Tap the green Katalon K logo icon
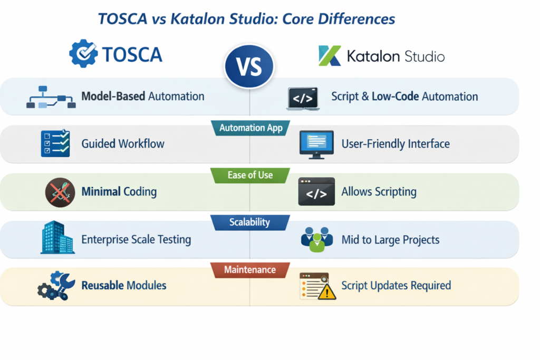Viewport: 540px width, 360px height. [x=330, y=55]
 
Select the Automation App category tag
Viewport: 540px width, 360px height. [x=250, y=128]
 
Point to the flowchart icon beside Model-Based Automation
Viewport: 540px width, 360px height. [x=51, y=98]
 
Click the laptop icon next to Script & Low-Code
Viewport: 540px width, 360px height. [x=303, y=99]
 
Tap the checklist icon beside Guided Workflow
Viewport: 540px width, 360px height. [x=55, y=143]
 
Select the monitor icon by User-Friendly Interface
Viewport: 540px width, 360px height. [x=316, y=144]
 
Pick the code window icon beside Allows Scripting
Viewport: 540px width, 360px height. [x=316, y=191]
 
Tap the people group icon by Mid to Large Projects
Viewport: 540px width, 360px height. [x=316, y=239]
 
